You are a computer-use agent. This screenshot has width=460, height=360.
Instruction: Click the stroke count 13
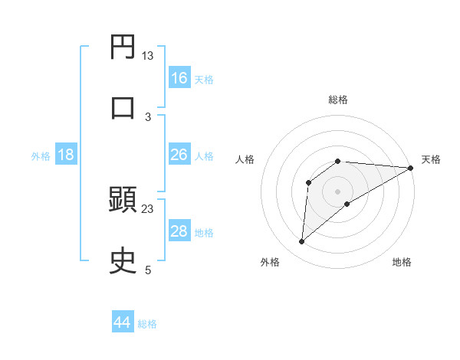147,55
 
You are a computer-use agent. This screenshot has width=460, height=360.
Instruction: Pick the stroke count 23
147,208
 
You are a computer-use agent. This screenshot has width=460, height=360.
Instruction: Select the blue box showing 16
179,78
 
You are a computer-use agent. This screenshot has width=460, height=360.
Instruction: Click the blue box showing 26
179,155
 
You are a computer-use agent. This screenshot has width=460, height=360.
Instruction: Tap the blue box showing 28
179,231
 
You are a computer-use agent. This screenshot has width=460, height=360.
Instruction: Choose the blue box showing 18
66,155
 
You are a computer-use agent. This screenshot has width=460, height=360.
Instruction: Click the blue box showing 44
123,322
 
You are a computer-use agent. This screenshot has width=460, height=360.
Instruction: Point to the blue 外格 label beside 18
41,156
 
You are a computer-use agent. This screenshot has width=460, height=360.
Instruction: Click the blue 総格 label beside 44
147,324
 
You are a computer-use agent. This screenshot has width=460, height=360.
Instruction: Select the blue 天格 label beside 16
204,80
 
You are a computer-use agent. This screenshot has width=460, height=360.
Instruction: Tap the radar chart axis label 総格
338,100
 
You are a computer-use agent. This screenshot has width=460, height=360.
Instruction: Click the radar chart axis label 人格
245,159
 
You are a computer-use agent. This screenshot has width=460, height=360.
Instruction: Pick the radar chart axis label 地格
402,262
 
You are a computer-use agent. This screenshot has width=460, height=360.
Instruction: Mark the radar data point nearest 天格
411,169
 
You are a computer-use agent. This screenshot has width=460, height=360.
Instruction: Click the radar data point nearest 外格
302,242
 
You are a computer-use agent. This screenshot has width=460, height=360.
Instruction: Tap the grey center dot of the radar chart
338,191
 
